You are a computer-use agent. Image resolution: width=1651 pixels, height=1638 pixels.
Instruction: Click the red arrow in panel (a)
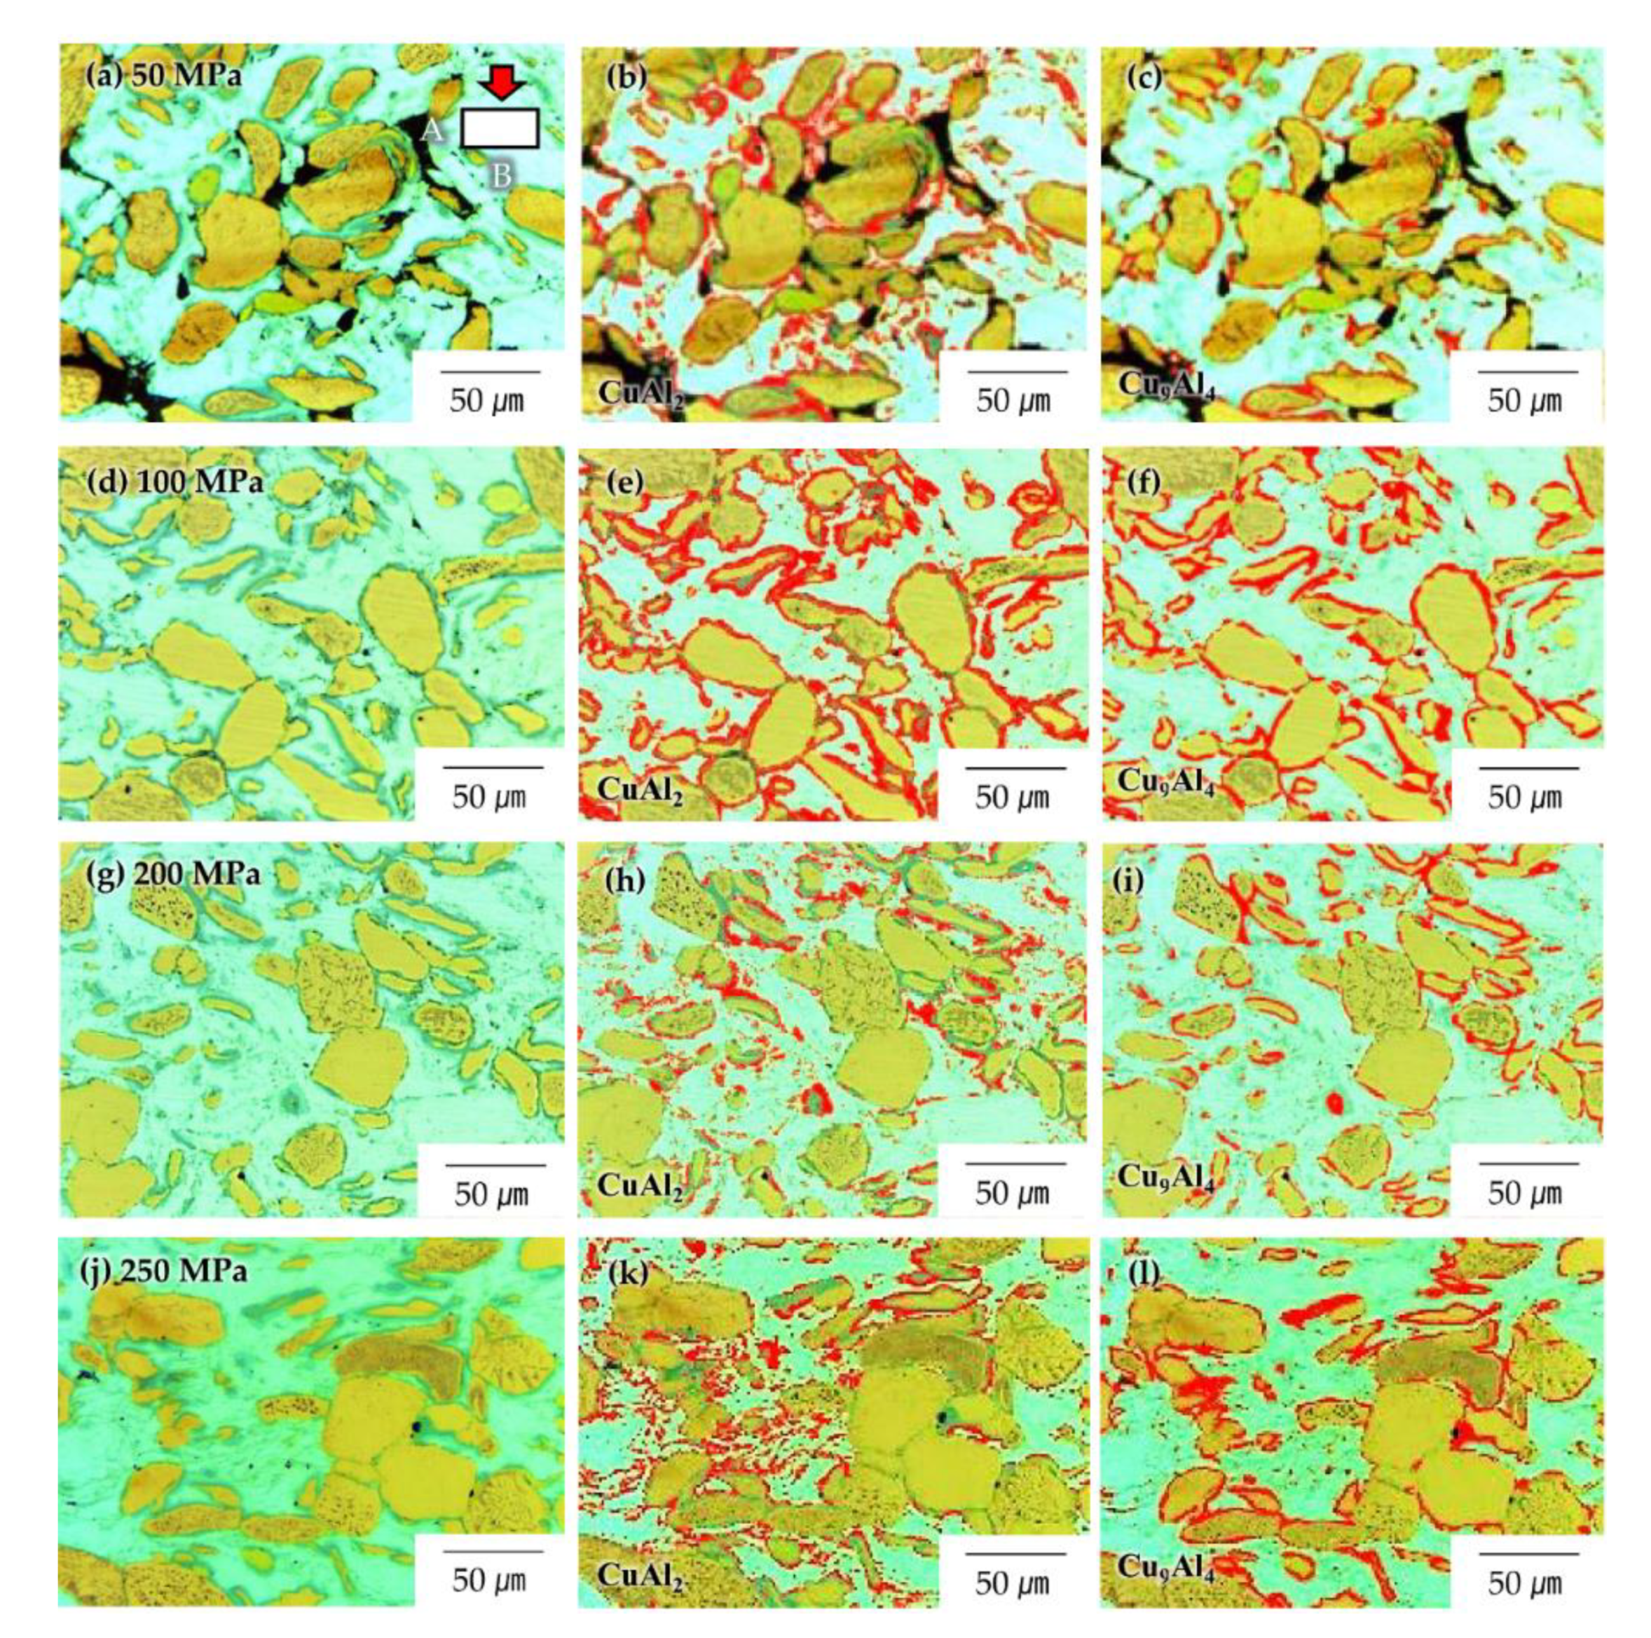(498, 83)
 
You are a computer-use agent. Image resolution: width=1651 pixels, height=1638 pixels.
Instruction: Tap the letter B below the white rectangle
(501, 176)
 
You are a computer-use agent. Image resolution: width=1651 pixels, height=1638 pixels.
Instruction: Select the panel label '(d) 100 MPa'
(174, 482)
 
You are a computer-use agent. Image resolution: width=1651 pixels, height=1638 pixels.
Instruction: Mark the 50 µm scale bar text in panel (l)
(1526, 1583)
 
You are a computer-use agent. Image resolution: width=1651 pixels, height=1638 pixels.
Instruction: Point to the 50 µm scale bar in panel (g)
(495, 1164)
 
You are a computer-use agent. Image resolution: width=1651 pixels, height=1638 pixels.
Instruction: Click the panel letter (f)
(1144, 483)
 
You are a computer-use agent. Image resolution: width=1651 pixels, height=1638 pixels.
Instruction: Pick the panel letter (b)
(626, 77)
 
